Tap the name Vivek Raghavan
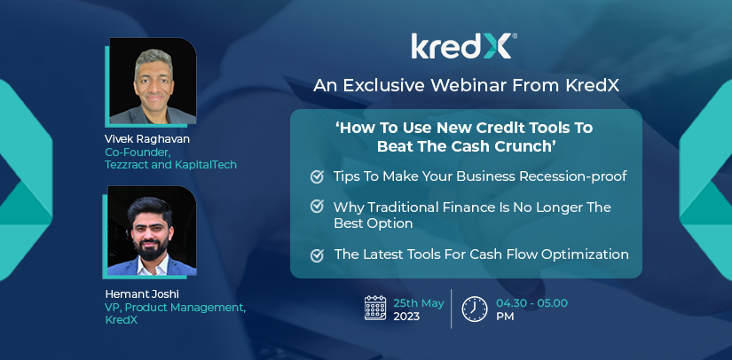click(x=147, y=139)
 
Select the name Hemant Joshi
click(x=142, y=294)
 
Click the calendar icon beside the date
click(x=375, y=308)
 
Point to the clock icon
click(x=475, y=309)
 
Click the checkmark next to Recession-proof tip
click(x=317, y=176)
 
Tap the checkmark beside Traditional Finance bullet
click(x=317, y=206)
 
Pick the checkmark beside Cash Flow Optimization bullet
click(x=317, y=255)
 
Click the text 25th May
click(x=418, y=303)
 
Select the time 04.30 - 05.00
click(x=531, y=303)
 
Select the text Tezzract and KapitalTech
click(x=171, y=165)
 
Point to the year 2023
click(x=406, y=317)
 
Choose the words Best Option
click(x=373, y=223)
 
